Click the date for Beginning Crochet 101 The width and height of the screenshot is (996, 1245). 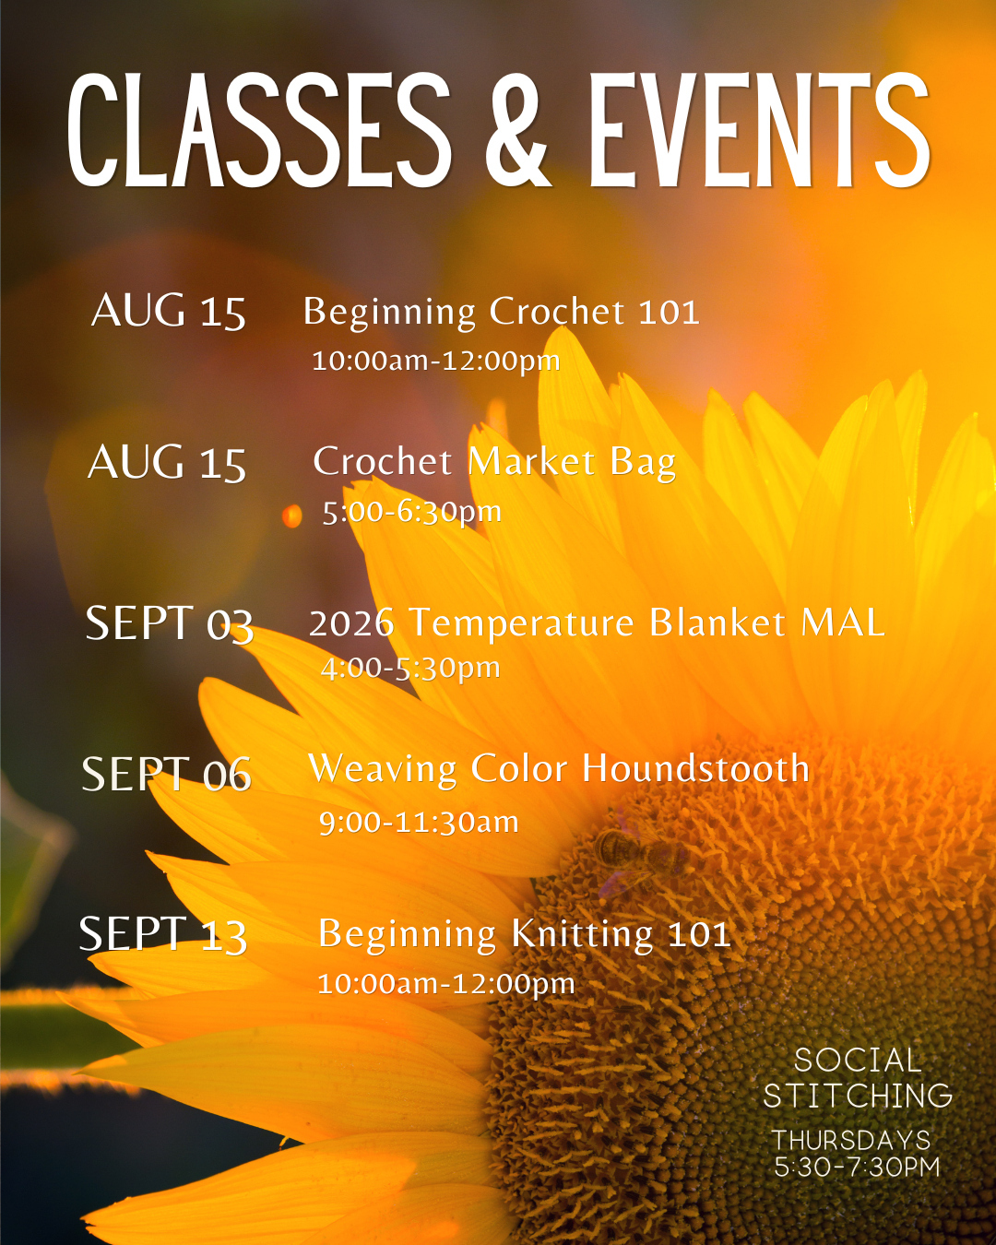(169, 312)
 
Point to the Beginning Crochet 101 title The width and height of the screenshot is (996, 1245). (501, 313)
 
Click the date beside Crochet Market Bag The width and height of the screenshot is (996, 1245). (167, 462)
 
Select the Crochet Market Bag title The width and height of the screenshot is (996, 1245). (494, 463)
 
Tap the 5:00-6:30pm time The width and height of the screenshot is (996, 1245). (411, 513)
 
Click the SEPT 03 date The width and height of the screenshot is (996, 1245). (169, 623)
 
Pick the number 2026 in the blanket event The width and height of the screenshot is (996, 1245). (351, 623)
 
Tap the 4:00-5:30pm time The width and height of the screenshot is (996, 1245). (410, 669)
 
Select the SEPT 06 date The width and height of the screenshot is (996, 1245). (167, 775)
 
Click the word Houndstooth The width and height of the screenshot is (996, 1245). (695, 769)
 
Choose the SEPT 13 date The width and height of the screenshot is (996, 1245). (163, 934)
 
